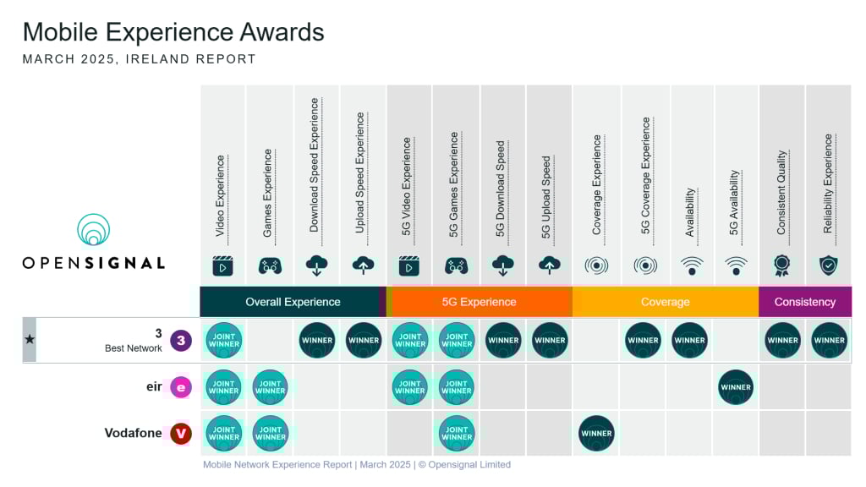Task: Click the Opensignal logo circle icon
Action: (x=93, y=230)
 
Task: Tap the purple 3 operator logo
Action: (x=180, y=341)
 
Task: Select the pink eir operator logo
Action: (x=180, y=387)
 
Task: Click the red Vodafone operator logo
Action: (x=180, y=434)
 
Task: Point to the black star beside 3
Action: (x=30, y=340)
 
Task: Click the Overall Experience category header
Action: (x=293, y=302)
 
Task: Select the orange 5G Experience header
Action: (x=479, y=302)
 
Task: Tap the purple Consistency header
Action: (x=804, y=302)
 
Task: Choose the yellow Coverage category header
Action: (x=666, y=302)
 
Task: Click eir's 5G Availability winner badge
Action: (x=736, y=387)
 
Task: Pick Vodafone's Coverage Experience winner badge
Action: (x=596, y=434)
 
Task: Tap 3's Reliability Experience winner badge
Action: (x=829, y=341)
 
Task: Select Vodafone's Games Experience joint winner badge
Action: (x=270, y=434)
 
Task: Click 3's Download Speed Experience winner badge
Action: (x=317, y=341)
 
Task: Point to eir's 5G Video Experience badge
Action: (x=410, y=387)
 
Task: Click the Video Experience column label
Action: (x=221, y=195)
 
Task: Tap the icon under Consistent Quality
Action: (x=782, y=265)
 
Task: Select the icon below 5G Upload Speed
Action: (x=549, y=265)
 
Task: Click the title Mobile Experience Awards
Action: (x=173, y=32)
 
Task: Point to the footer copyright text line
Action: (x=357, y=464)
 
